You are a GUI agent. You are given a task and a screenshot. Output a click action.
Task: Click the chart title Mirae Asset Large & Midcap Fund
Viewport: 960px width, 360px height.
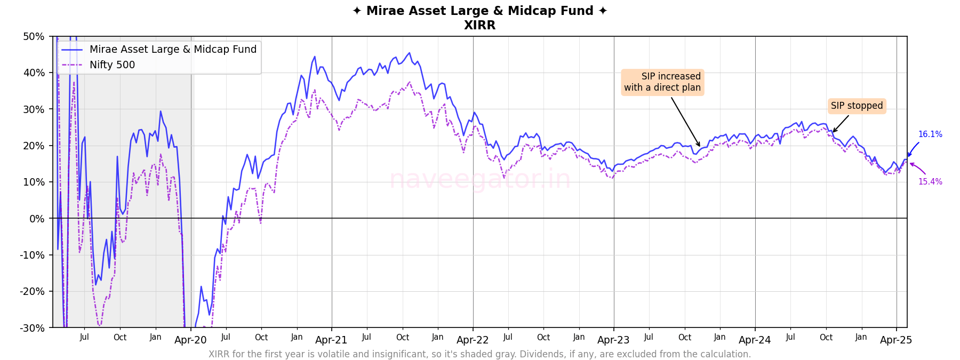coord(479,11)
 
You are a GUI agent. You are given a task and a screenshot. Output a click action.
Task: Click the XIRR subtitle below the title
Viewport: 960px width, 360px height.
coord(479,25)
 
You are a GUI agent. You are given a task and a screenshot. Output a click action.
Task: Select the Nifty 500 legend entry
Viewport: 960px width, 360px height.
coord(112,65)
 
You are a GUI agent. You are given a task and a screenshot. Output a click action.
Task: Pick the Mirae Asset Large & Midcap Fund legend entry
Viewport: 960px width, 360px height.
coord(173,50)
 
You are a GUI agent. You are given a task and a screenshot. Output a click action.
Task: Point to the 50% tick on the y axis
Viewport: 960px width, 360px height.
coord(34,37)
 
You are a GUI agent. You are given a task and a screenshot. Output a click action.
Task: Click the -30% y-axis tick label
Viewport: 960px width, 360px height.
coord(32,328)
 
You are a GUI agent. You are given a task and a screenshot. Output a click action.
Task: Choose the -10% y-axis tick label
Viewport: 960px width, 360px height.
coord(32,255)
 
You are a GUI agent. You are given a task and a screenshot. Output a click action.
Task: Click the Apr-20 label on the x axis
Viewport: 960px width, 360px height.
coord(190,340)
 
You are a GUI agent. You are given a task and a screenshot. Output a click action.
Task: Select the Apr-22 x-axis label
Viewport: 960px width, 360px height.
coord(473,340)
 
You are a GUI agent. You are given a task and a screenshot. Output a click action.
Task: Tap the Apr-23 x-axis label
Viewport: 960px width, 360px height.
coord(613,340)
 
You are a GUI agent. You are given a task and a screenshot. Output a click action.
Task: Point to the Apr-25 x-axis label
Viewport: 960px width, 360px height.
coord(896,340)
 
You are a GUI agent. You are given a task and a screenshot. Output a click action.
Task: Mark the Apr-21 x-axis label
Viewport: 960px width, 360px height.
coord(331,340)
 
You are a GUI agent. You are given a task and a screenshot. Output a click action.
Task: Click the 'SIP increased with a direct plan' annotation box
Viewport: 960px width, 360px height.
coord(662,82)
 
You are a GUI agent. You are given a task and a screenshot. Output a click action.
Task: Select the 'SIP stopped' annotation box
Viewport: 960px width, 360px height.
coord(857,106)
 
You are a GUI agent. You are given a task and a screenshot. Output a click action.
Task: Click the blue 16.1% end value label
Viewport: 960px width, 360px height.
coord(930,134)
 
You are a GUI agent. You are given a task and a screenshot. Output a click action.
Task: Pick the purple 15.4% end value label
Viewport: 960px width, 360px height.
coord(930,182)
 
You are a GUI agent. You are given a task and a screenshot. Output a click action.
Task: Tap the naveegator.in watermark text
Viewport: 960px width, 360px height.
coord(479,179)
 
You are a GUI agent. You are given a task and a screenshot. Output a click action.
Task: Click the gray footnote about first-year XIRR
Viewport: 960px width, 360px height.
coord(479,354)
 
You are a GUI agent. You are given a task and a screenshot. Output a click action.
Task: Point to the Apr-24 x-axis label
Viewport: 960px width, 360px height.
coord(755,340)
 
